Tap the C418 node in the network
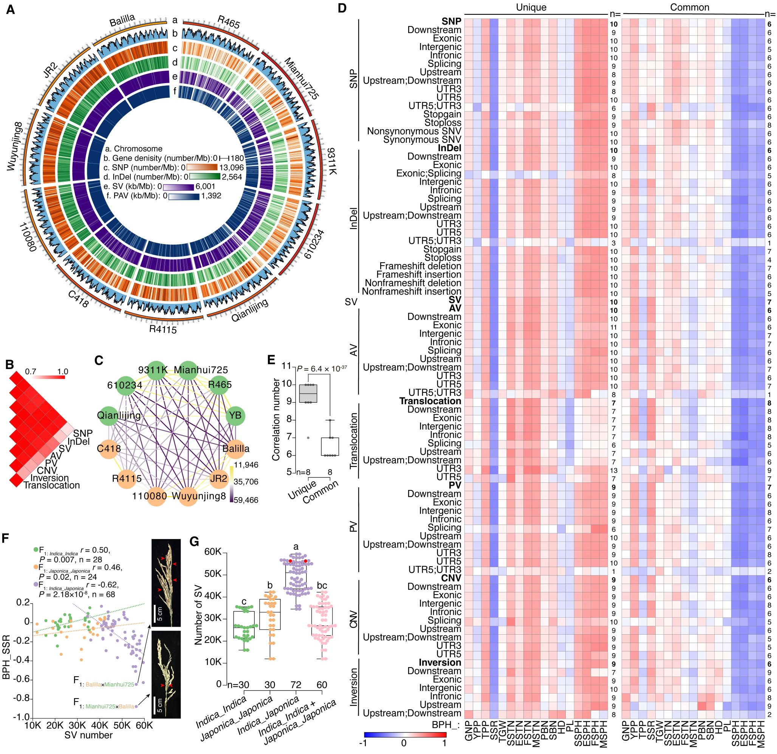tap(108, 449)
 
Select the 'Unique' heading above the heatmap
tap(531, 7)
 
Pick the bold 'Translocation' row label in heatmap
tap(430, 401)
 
